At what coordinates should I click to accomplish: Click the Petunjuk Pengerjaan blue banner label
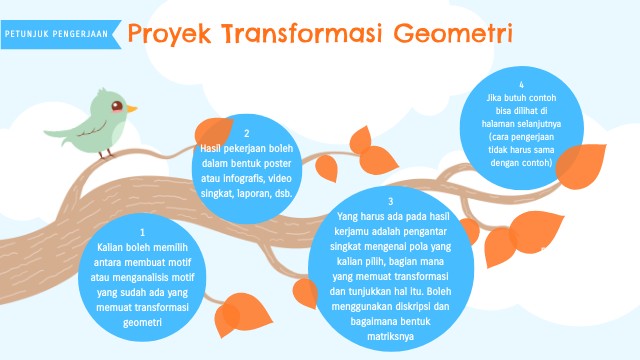pyautogui.click(x=56, y=33)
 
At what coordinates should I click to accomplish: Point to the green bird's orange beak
pyautogui.click(x=131, y=108)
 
